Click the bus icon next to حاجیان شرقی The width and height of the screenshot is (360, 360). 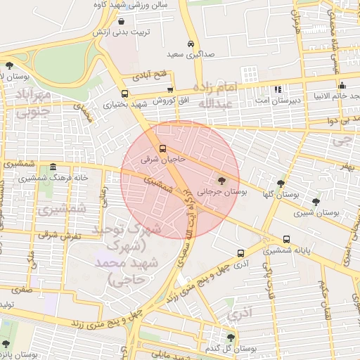(163, 149)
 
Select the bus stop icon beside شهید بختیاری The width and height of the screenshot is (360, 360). (124, 94)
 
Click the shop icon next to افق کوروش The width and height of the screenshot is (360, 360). (171, 90)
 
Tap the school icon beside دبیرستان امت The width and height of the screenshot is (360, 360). (277, 90)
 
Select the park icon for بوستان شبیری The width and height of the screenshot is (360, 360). (316, 202)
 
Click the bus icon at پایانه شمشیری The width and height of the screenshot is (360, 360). (286, 240)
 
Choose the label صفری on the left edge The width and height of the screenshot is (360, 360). (22, 288)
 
